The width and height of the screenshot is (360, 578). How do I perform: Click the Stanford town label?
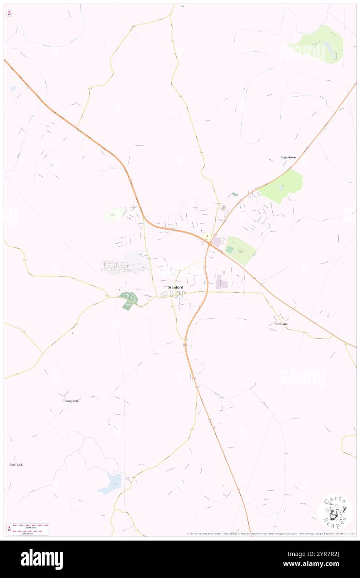tap(175, 287)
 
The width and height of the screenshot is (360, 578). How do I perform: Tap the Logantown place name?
tap(288, 157)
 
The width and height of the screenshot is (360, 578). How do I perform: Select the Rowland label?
tap(281, 324)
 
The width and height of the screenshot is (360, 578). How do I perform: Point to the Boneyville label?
tap(72, 401)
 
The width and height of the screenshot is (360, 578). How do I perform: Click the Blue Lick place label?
tap(16, 464)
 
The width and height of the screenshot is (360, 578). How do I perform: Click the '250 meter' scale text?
tap(28, 533)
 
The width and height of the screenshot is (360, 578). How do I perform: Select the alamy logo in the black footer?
tap(42, 558)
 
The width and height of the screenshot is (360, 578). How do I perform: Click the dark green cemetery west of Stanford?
tap(129, 300)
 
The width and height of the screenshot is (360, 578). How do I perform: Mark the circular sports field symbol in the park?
tap(229, 249)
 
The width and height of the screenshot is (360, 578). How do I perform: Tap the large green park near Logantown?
tap(282, 185)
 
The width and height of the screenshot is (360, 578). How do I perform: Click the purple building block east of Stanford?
tap(222, 283)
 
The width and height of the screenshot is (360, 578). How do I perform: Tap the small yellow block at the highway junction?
tap(207, 236)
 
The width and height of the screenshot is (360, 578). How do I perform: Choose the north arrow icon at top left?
tap(9, 13)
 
